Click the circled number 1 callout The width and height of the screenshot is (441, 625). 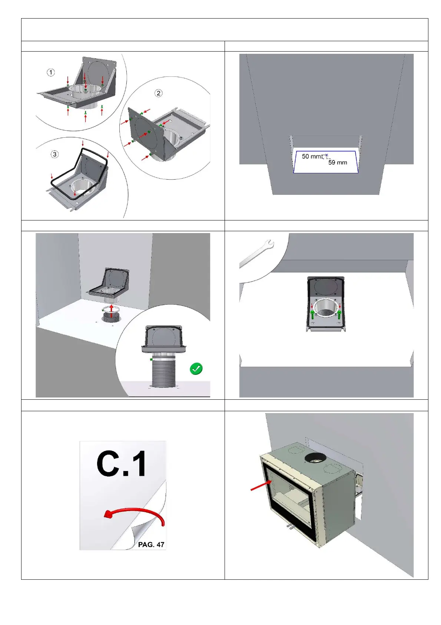(x=51, y=72)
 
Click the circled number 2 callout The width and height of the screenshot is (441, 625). (x=159, y=93)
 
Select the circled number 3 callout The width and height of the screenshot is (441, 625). (x=55, y=154)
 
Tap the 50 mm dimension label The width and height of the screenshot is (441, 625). (x=312, y=156)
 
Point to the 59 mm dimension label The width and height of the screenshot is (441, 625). (x=338, y=163)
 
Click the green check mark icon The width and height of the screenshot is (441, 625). (x=196, y=369)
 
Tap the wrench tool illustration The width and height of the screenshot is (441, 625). (x=256, y=253)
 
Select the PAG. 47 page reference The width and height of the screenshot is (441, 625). (x=151, y=544)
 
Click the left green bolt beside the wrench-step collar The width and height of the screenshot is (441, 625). (x=313, y=314)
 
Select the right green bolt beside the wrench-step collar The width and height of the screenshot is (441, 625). (x=339, y=314)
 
